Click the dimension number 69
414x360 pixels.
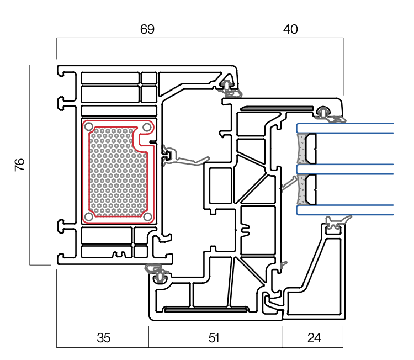click(147, 30)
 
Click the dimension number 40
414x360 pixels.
click(290, 30)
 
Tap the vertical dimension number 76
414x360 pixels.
click(20, 165)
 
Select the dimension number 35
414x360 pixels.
click(103, 338)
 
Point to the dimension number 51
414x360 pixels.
click(215, 338)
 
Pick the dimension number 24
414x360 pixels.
click(314, 338)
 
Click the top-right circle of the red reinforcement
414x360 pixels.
click(146, 128)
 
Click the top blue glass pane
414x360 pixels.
click(348, 128)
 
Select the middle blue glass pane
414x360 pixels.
click(348, 169)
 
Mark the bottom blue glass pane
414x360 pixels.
click(348, 210)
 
